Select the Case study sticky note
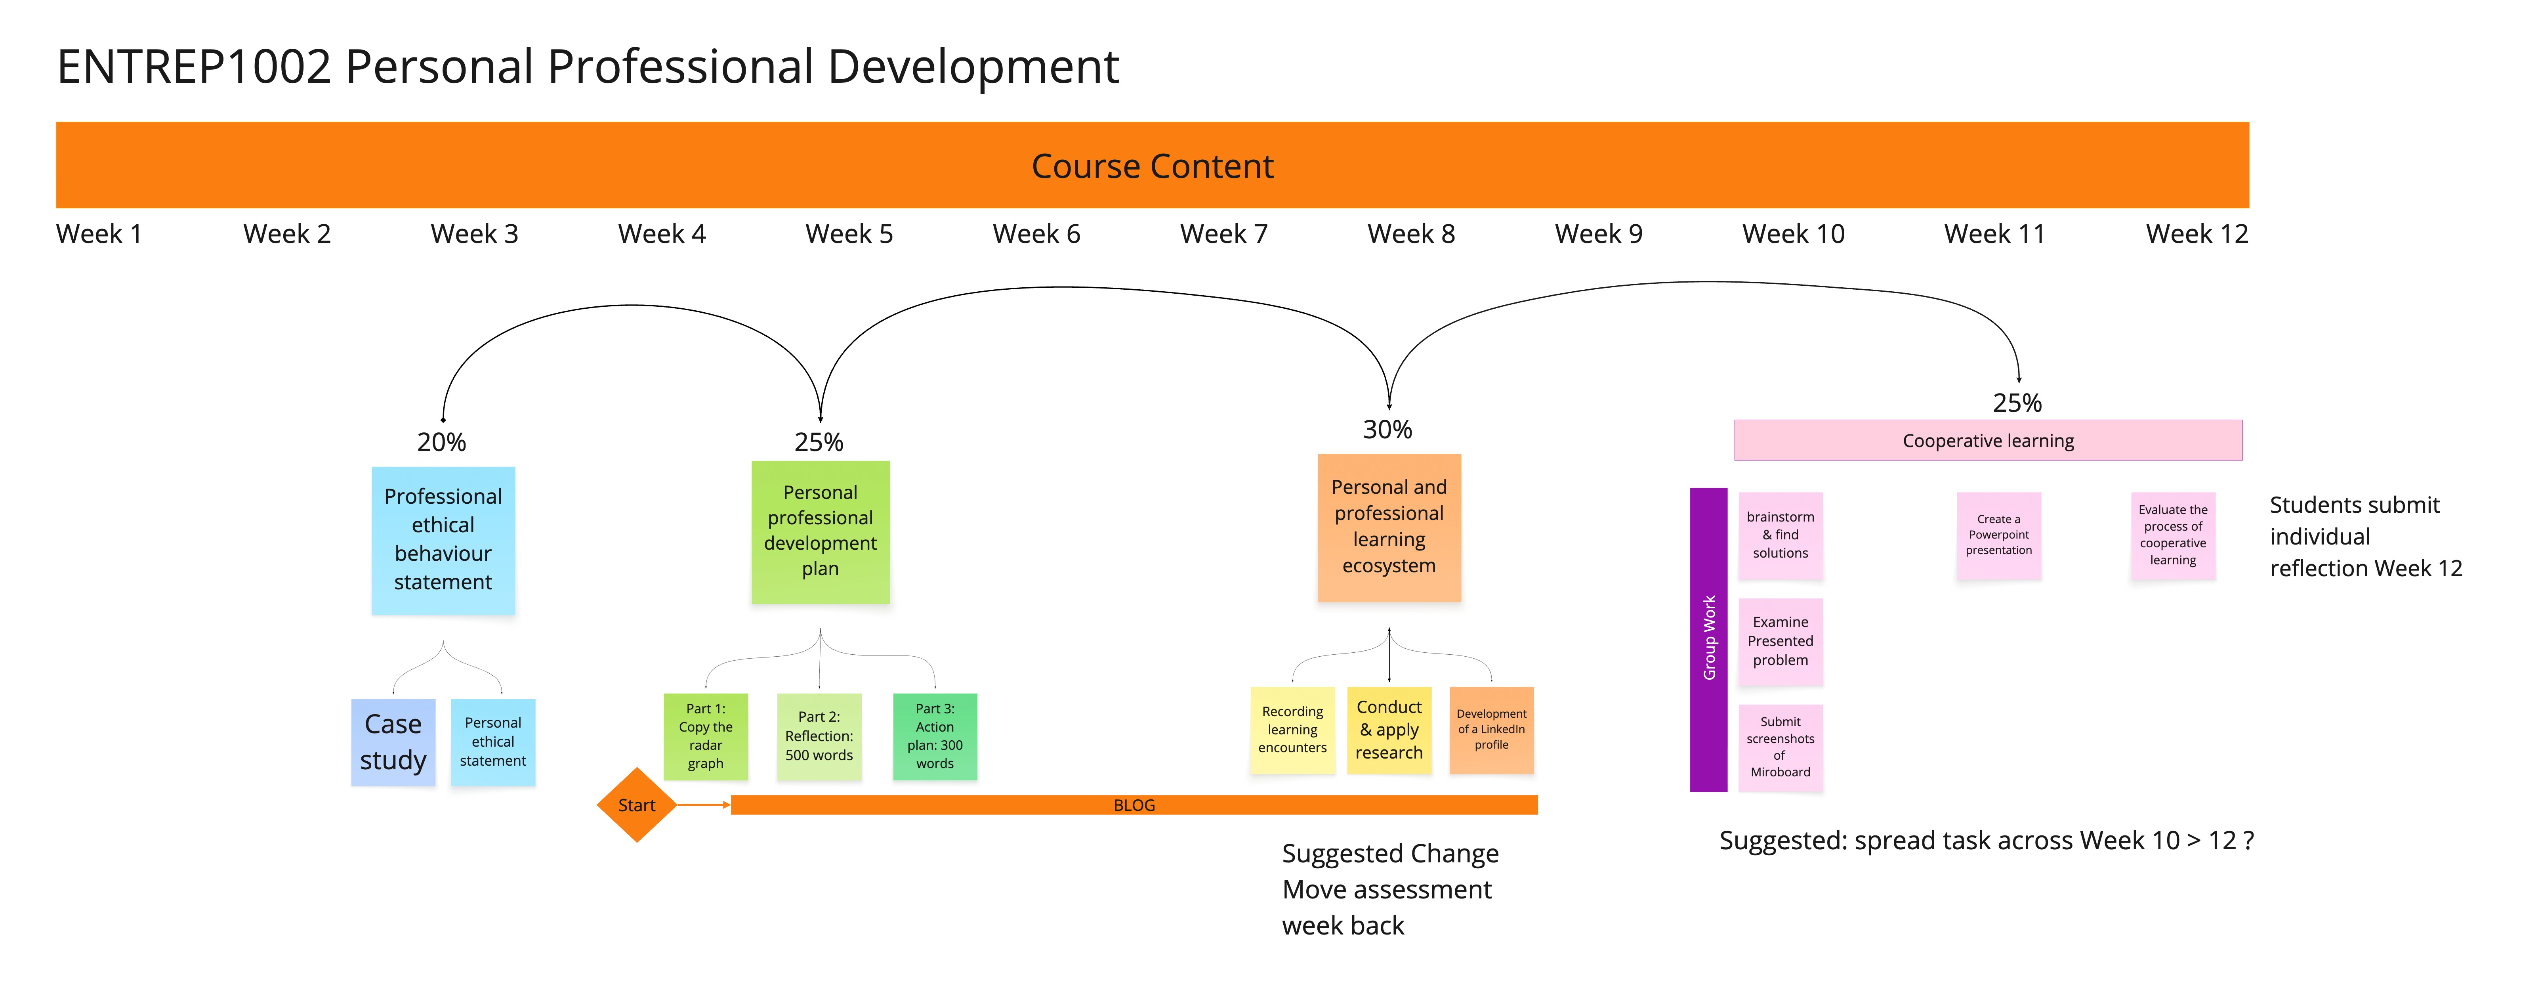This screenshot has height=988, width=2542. pyautogui.click(x=393, y=742)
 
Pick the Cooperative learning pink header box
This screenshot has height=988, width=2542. pyautogui.click(x=1987, y=440)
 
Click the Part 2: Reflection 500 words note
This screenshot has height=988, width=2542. pyautogui.click(x=819, y=736)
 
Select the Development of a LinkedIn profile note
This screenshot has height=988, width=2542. pyautogui.click(x=1491, y=729)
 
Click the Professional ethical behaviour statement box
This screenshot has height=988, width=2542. pyautogui.click(x=443, y=540)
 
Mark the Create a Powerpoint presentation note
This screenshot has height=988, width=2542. pyautogui.click(x=1998, y=535)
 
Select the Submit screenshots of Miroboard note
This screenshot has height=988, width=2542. pyautogui.click(x=1780, y=747)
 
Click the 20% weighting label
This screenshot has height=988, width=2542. pyautogui.click(x=441, y=442)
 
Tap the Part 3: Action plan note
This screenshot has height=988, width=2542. pyautogui.click(x=935, y=736)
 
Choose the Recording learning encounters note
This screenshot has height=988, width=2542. pyautogui.click(x=1292, y=729)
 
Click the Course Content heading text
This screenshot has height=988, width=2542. pyautogui.click(x=1152, y=166)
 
